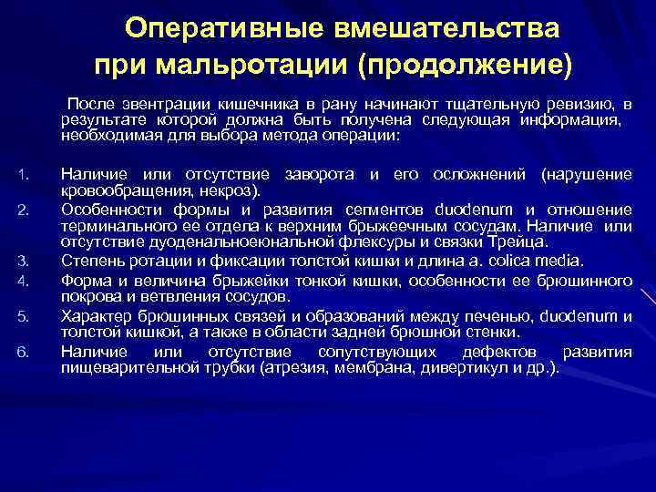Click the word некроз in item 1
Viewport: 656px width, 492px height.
click(x=237, y=190)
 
